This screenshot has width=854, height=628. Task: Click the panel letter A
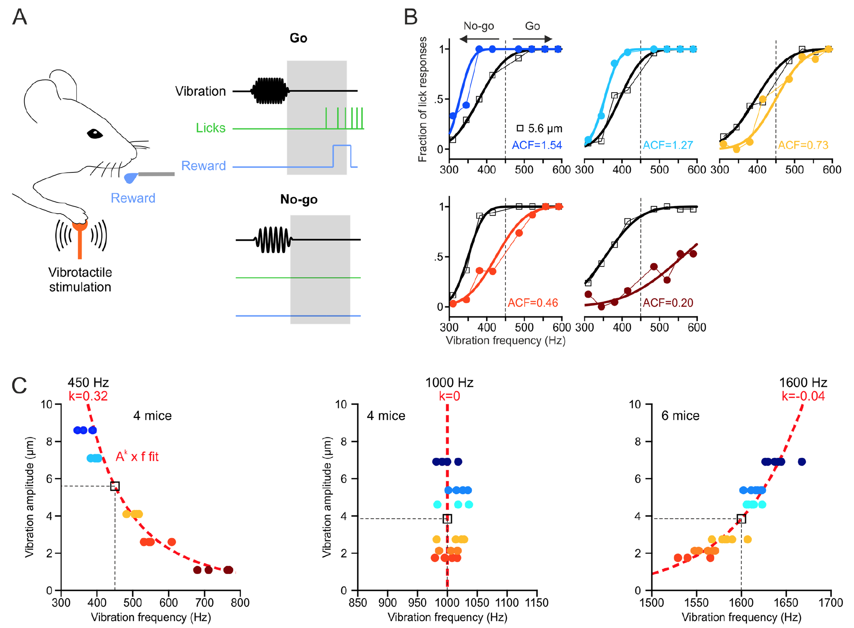pyautogui.click(x=20, y=17)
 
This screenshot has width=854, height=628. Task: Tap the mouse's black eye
pyautogui.click(x=95, y=134)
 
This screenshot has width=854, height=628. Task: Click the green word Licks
pyautogui.click(x=211, y=128)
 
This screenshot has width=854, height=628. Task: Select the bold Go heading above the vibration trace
pyautogui.click(x=298, y=38)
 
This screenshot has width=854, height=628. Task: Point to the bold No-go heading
pyautogui.click(x=299, y=199)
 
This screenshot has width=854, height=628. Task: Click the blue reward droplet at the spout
pyautogui.click(x=131, y=177)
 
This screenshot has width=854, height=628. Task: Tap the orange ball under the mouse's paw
pyautogui.click(x=80, y=224)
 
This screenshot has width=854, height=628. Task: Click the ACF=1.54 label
pyautogui.click(x=537, y=145)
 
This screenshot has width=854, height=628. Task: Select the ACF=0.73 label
pyautogui.click(x=803, y=145)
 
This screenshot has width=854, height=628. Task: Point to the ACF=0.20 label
pyautogui.click(x=668, y=303)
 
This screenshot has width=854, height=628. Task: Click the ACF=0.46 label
pyautogui.click(x=533, y=303)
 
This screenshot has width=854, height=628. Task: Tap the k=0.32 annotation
pyautogui.click(x=88, y=396)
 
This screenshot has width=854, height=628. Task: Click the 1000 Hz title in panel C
pyautogui.click(x=449, y=383)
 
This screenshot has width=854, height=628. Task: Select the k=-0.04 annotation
pyautogui.click(x=803, y=396)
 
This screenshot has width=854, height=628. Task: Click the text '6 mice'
pyautogui.click(x=680, y=416)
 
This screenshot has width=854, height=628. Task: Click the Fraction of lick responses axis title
pyautogui.click(x=422, y=100)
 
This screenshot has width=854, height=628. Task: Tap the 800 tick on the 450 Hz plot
pyautogui.click(x=240, y=603)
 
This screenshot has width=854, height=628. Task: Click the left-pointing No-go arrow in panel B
pyautogui.click(x=479, y=39)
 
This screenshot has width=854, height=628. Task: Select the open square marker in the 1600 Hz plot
pyautogui.click(x=741, y=519)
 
